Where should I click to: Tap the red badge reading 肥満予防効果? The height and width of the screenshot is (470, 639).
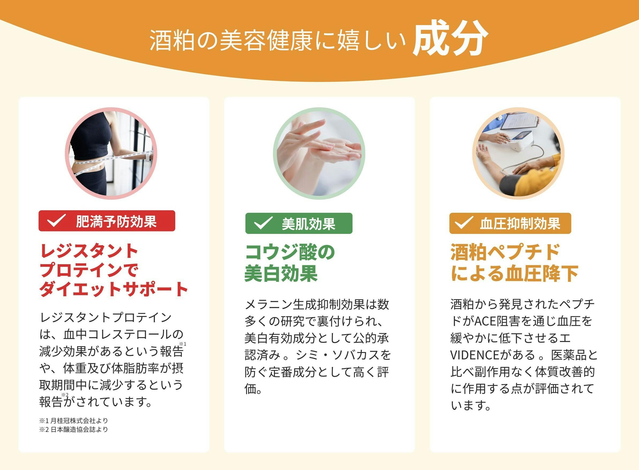[x=107, y=221]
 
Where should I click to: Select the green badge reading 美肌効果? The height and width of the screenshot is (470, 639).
[x=299, y=223]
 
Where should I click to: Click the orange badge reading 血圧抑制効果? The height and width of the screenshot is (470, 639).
[x=510, y=223]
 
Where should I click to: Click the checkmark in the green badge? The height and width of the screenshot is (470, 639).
[x=263, y=223]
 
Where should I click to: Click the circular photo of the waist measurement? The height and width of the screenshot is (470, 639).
[x=111, y=153]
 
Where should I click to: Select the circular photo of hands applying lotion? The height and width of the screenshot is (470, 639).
[x=319, y=153]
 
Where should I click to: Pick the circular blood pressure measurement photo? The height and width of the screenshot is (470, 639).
[x=518, y=153]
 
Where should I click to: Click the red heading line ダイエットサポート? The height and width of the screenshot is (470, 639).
[x=114, y=289]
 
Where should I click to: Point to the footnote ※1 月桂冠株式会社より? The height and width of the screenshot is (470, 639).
[x=74, y=420]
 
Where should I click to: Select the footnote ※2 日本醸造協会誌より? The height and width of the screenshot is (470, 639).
[x=74, y=429]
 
